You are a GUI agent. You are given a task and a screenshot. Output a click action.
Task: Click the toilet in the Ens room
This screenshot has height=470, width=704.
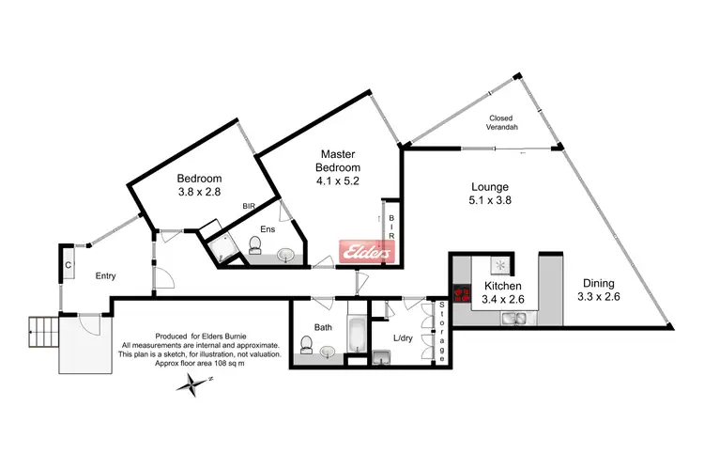254,245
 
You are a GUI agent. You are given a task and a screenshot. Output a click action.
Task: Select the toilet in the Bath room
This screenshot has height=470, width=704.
306,347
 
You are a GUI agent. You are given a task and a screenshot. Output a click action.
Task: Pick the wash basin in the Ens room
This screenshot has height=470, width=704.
287,256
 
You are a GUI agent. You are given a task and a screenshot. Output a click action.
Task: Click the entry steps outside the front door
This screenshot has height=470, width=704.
43,327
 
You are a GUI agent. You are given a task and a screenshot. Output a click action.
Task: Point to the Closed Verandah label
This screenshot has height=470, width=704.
505,122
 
